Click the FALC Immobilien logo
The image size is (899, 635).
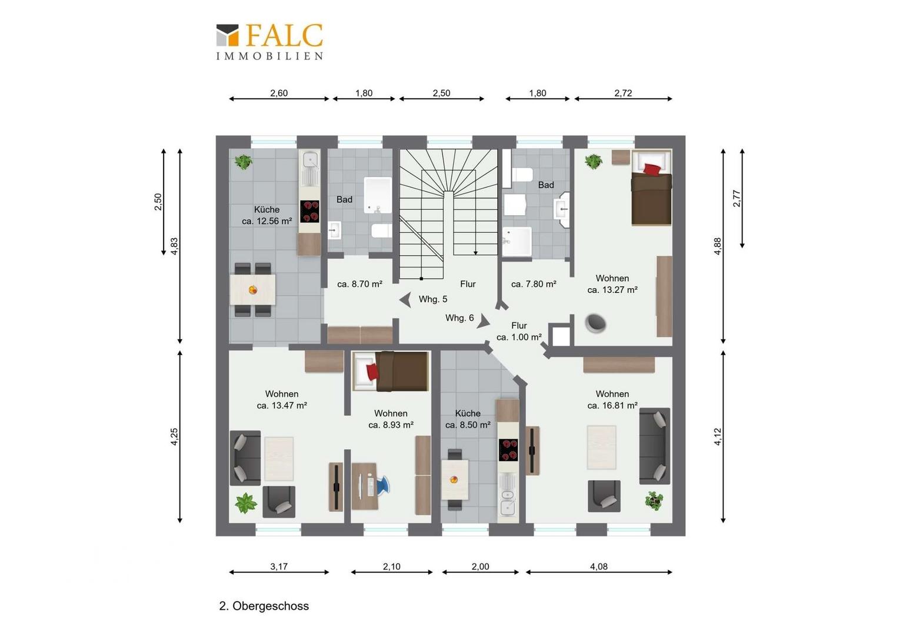point(269,42)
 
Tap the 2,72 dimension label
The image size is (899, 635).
point(623,93)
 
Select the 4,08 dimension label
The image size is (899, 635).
point(598,566)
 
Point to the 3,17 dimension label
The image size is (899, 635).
point(278,566)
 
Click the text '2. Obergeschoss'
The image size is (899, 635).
point(264,606)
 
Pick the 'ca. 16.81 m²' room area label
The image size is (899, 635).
point(612,406)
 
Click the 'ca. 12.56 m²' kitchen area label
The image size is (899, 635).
point(267,221)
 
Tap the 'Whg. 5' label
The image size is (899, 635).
point(432,299)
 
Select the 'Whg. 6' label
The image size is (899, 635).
point(459,318)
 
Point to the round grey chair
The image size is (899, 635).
point(595,323)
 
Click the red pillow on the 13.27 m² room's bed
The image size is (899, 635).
point(652,169)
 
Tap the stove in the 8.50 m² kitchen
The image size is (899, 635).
point(508,450)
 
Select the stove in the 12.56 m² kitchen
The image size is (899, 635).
point(310,212)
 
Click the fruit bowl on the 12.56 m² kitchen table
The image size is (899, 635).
point(253,289)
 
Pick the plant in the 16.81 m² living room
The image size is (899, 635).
point(654,500)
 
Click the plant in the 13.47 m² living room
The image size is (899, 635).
point(245,503)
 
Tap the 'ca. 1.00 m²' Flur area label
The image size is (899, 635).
point(519,337)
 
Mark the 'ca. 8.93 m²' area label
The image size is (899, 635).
point(391,425)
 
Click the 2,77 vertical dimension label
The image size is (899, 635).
point(737,198)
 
